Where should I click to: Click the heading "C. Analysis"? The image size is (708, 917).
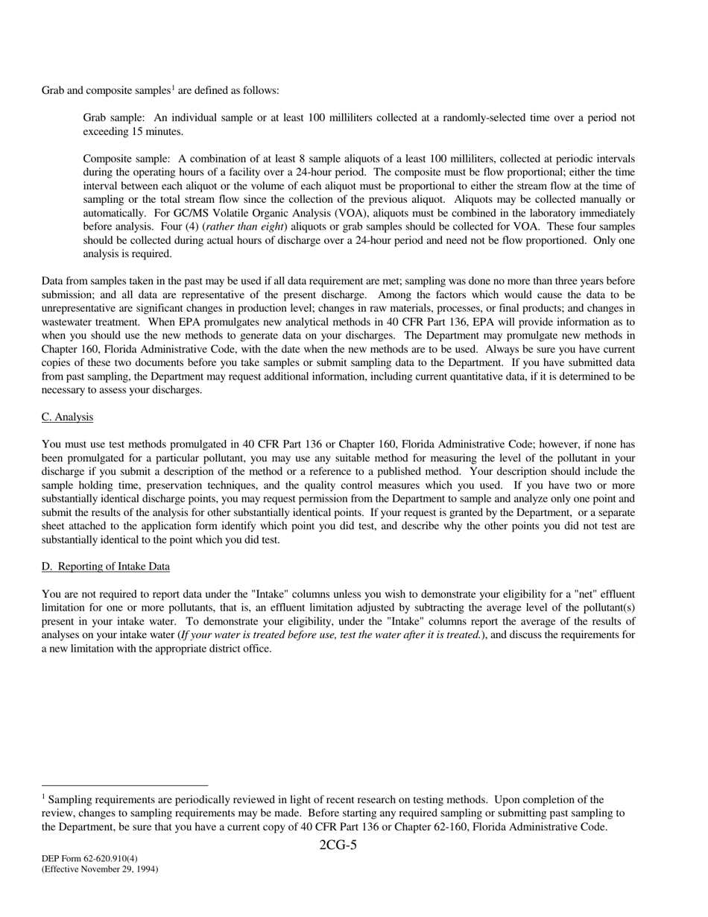click(x=67, y=417)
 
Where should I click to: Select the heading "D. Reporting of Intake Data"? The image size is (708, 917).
click(x=105, y=567)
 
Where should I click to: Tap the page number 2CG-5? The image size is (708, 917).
click(x=338, y=845)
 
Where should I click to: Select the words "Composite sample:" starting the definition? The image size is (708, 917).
click(x=127, y=159)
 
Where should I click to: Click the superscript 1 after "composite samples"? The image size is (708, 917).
click(x=173, y=88)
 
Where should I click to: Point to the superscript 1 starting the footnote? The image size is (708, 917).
click(x=44, y=796)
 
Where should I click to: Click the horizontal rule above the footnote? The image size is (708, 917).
click(x=124, y=785)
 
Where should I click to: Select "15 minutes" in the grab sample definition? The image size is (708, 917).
click(x=158, y=132)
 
